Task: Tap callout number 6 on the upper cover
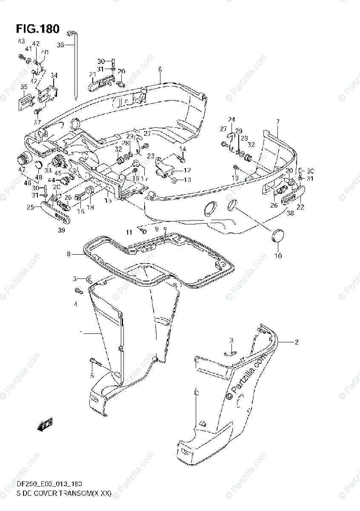tap(160, 69)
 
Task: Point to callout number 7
tap(277, 122)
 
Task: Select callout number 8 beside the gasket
tap(68, 254)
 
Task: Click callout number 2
tap(296, 342)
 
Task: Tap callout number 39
tap(61, 230)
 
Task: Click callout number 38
tap(290, 213)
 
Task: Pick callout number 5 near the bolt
tap(91, 375)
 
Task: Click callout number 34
tap(54, 76)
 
